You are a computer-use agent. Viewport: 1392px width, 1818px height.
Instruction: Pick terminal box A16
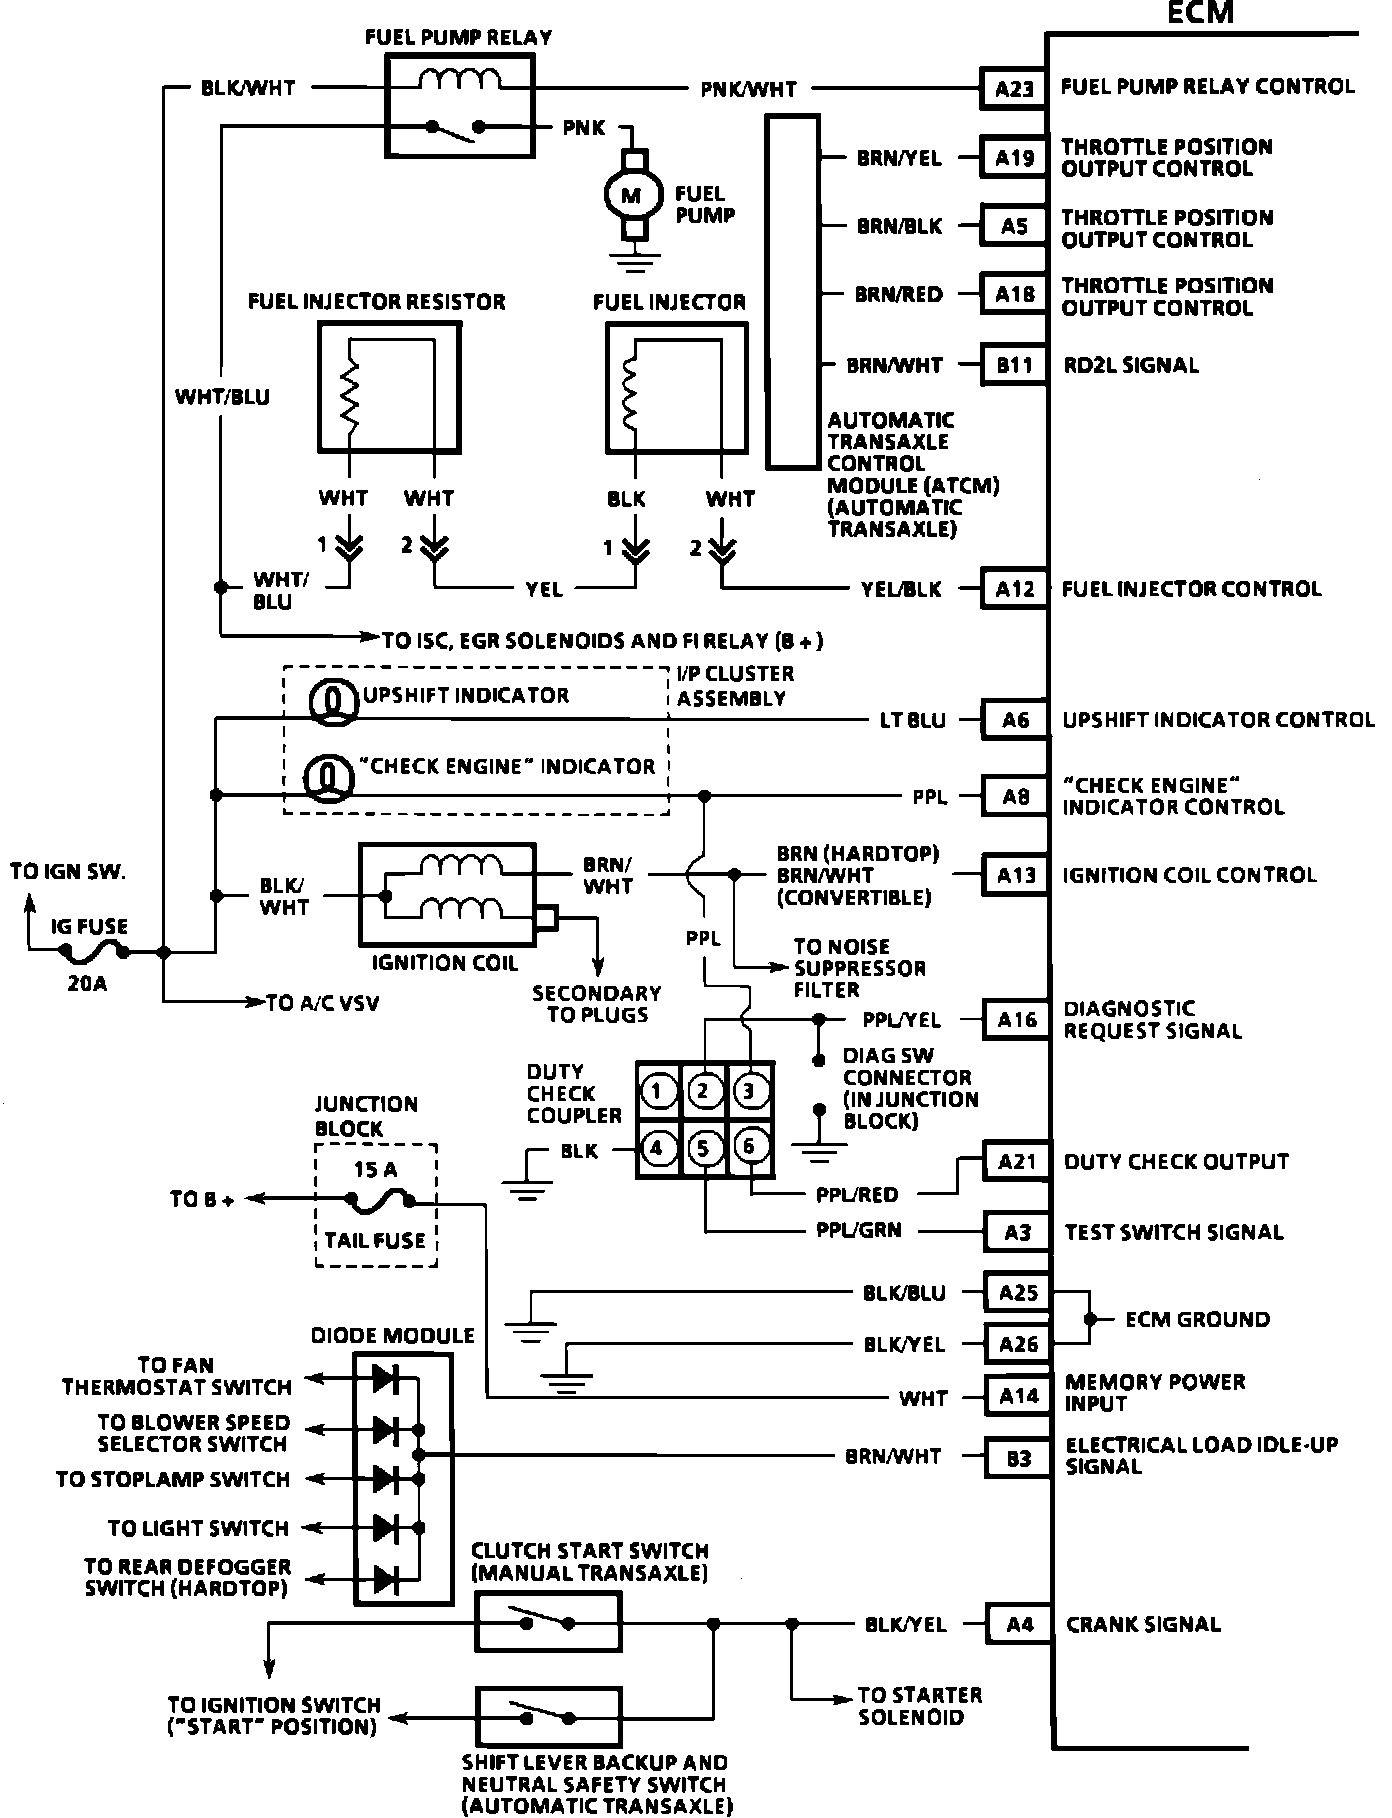pos(1017,1019)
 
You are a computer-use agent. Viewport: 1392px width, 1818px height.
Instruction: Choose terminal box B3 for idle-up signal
pos(1019,1458)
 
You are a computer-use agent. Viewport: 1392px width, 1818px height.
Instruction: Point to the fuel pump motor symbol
pos(631,195)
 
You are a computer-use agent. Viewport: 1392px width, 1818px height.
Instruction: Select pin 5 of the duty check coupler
pos(704,1148)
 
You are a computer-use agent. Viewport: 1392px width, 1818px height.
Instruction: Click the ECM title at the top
pos(1199,13)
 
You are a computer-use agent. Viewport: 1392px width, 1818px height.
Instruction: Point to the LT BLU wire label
pos(912,720)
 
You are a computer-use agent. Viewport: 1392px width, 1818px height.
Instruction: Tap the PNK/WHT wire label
pos(748,89)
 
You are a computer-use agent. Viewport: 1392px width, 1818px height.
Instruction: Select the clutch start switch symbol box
pos(547,1621)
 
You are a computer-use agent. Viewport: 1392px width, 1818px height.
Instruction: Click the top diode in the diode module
pos(387,1380)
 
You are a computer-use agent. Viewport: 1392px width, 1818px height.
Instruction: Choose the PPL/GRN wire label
pos(858,1230)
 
